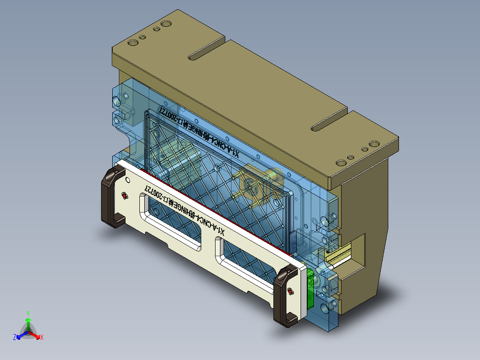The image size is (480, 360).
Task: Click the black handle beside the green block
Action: (285, 296)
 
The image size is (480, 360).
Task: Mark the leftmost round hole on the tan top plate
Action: (133, 43)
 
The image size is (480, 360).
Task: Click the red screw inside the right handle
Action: (290, 291)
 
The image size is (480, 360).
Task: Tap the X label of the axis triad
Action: (42, 337)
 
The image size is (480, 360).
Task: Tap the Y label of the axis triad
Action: (28, 313)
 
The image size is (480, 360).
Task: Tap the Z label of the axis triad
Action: (15, 337)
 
